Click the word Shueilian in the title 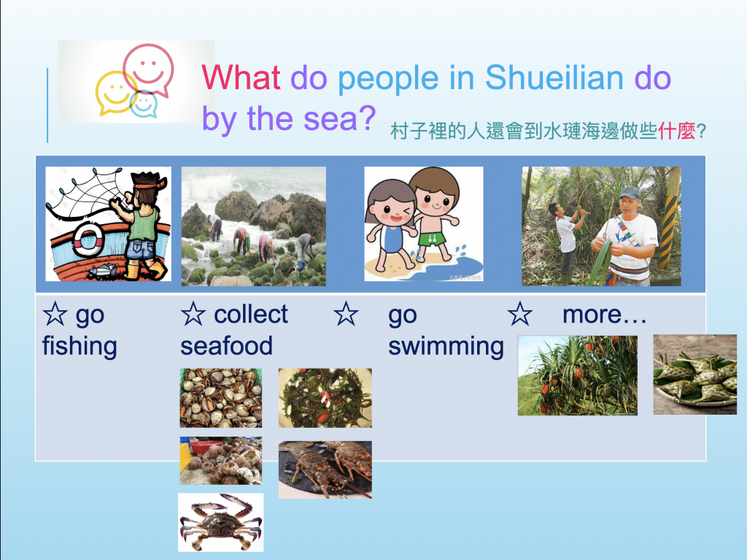click(x=554, y=77)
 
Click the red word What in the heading click(x=241, y=77)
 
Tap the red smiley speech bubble click(x=149, y=69)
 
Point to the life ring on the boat click(x=88, y=239)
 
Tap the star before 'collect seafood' click(x=193, y=314)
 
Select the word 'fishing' click(x=80, y=346)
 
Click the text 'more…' click(x=604, y=315)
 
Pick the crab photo click(x=220, y=522)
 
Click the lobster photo click(x=325, y=470)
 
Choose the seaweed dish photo click(x=325, y=398)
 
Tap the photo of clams click(x=220, y=398)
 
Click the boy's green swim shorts click(x=431, y=239)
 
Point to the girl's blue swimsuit click(x=392, y=239)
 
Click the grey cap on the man click(x=630, y=192)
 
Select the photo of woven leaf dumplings click(x=694, y=375)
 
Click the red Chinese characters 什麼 click(x=676, y=131)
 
